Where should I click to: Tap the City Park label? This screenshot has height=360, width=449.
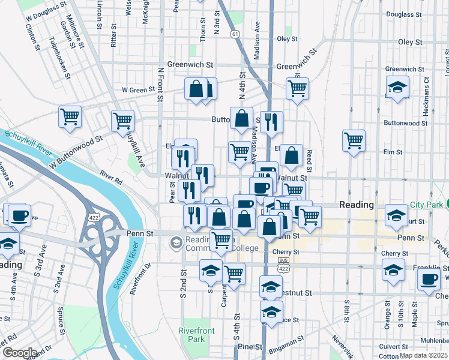tap(427, 205)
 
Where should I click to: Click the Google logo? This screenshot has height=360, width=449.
tap(19, 353)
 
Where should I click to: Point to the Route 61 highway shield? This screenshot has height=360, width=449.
tap(235, 34)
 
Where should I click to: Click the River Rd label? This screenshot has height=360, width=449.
tap(111, 178)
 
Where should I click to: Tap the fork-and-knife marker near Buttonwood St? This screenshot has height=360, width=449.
tap(271, 122)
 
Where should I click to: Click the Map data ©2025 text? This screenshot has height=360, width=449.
tap(423, 355)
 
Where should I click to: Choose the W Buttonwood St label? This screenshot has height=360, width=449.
tap(77, 151)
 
